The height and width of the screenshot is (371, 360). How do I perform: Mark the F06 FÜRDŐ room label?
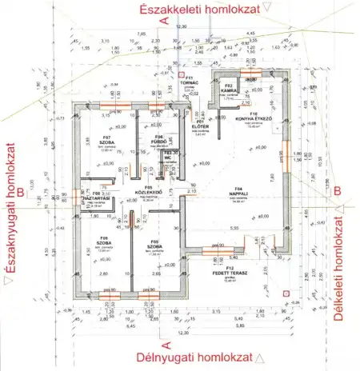coord(158,139)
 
